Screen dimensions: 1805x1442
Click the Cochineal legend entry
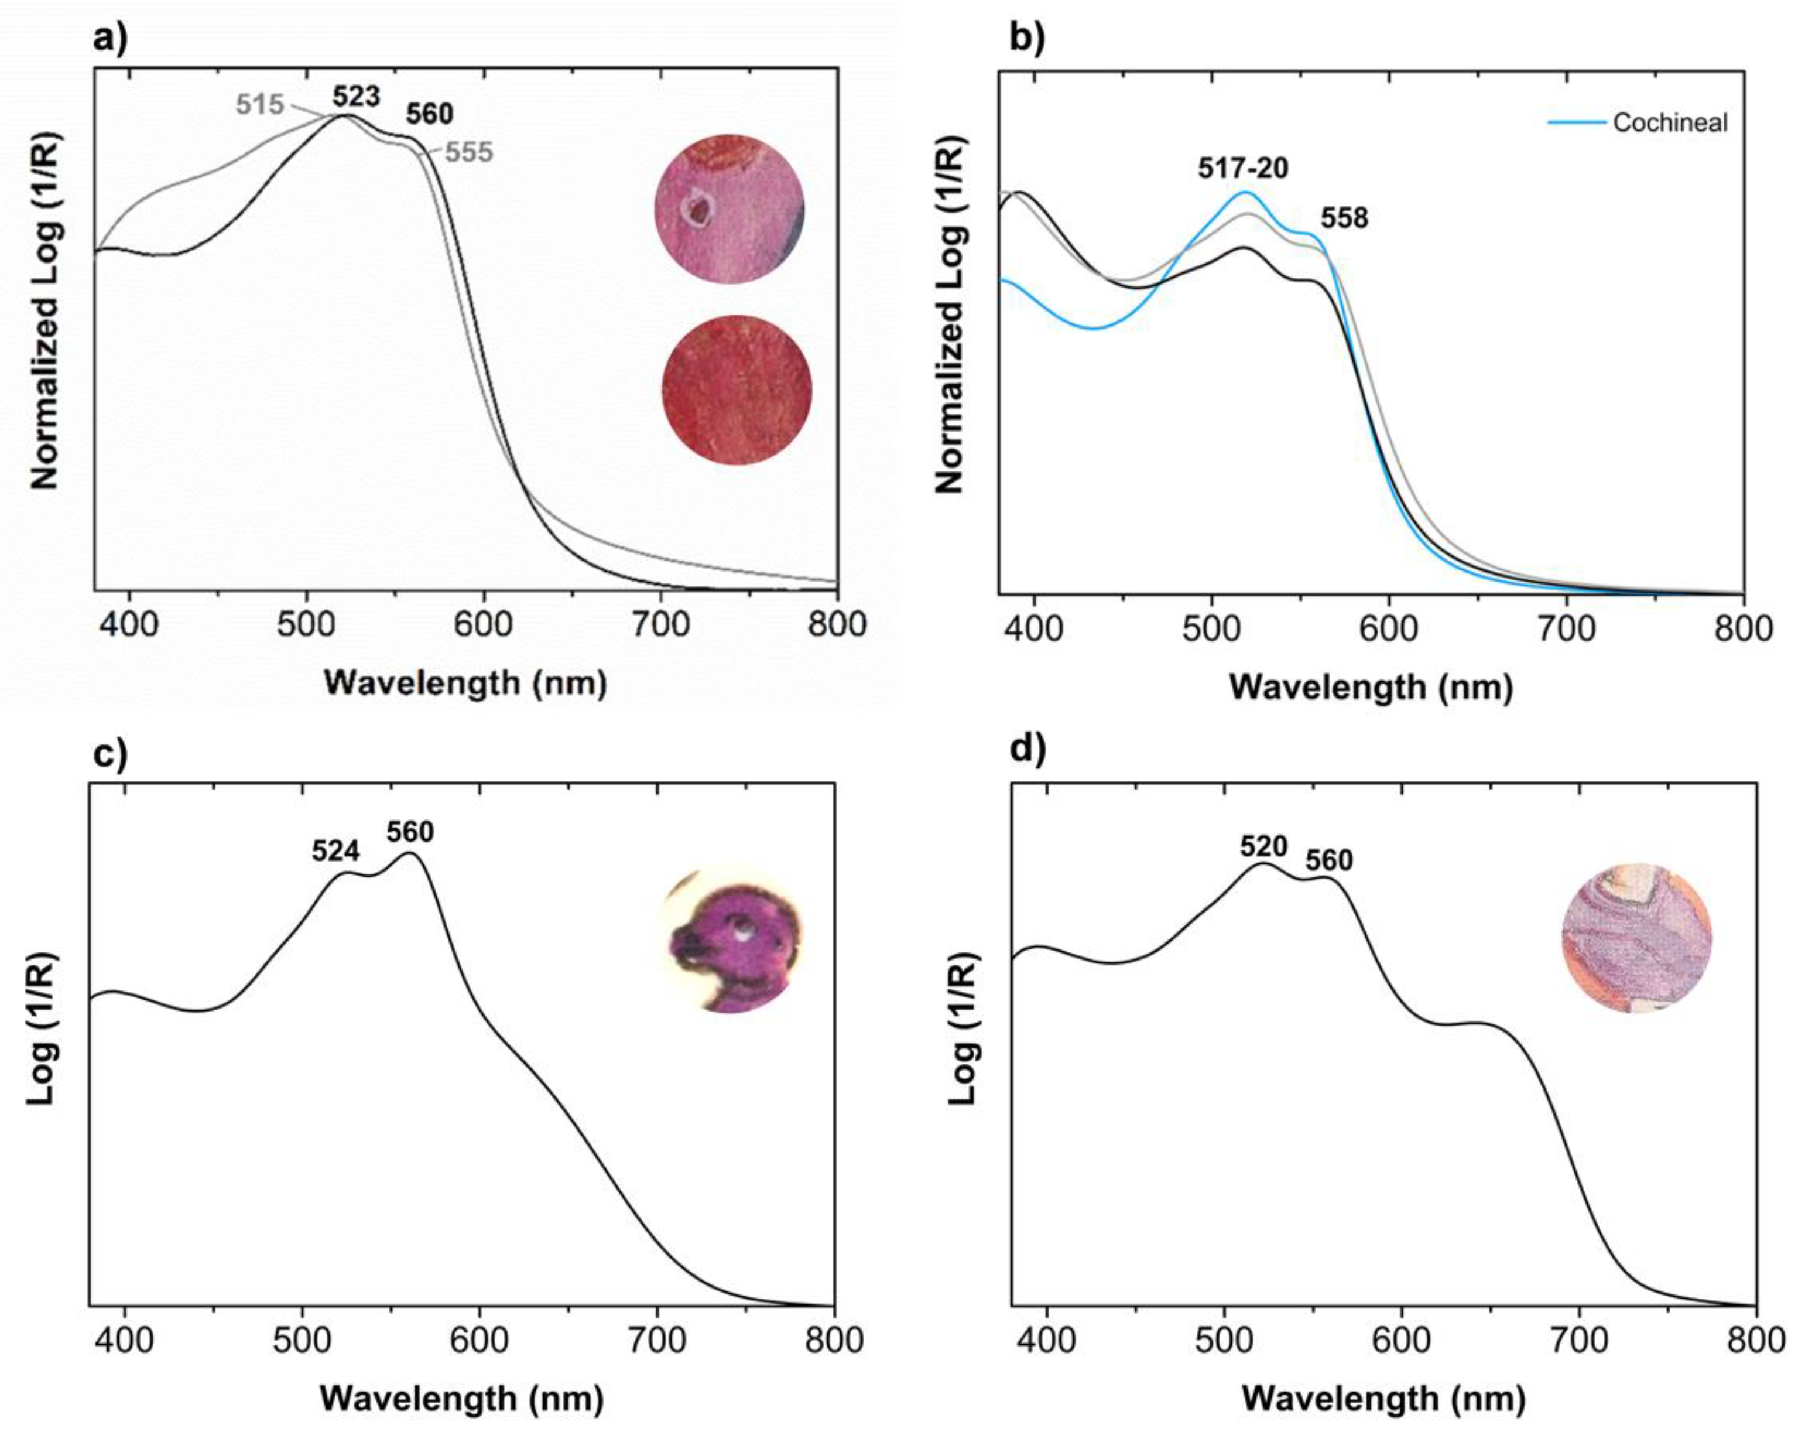pyautogui.click(x=1638, y=123)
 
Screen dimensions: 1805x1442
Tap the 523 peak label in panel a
pyautogui.click(x=356, y=97)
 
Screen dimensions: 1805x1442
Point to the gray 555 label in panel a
pyautogui.click(x=469, y=152)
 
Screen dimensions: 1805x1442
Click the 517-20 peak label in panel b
pyautogui.click(x=1243, y=168)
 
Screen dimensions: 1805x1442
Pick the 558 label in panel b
pyautogui.click(x=1345, y=218)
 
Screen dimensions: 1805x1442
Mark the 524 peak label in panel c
pyautogui.click(x=335, y=852)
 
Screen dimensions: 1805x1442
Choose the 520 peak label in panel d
pyautogui.click(x=1263, y=848)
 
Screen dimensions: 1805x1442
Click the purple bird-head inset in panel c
pyautogui.click(x=732, y=939)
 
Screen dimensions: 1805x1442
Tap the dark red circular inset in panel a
pyautogui.click(x=737, y=389)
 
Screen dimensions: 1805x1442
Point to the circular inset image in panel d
pyautogui.click(x=1637, y=938)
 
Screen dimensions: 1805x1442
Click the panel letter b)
pyautogui.click(x=1028, y=39)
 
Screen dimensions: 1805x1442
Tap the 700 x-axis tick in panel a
pyautogui.click(x=660, y=625)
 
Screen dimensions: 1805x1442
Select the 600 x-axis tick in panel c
pyautogui.click(x=479, y=1340)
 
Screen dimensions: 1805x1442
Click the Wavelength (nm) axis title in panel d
pyautogui.click(x=1384, y=1399)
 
